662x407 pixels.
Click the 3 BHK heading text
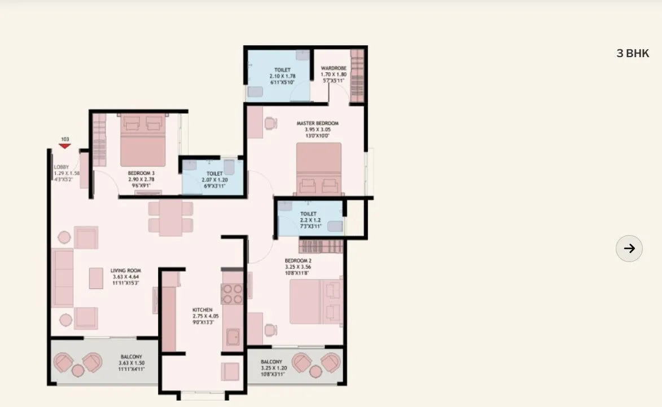(x=633, y=54)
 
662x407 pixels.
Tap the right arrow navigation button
(x=629, y=248)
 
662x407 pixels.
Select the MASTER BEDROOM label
(x=317, y=123)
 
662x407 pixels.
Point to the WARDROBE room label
(x=333, y=68)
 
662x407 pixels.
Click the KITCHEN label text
(x=202, y=310)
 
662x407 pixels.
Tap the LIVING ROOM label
(x=125, y=271)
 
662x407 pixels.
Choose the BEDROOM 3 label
(x=141, y=172)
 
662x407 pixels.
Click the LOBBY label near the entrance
(x=61, y=167)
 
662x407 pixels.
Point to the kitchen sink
(x=232, y=338)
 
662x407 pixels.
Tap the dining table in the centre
(x=169, y=217)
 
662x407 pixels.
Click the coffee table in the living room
(x=96, y=278)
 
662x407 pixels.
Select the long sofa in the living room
(x=62, y=278)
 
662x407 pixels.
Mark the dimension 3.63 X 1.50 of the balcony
(x=131, y=363)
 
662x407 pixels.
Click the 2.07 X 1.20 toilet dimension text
(x=214, y=180)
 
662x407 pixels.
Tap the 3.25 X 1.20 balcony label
(x=274, y=368)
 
